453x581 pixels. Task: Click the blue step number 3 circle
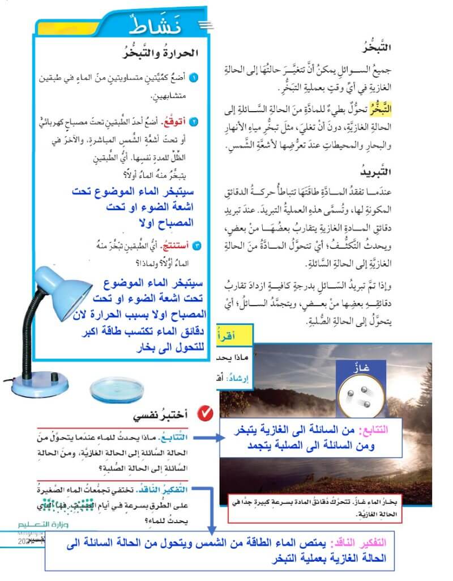[x=194, y=245]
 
